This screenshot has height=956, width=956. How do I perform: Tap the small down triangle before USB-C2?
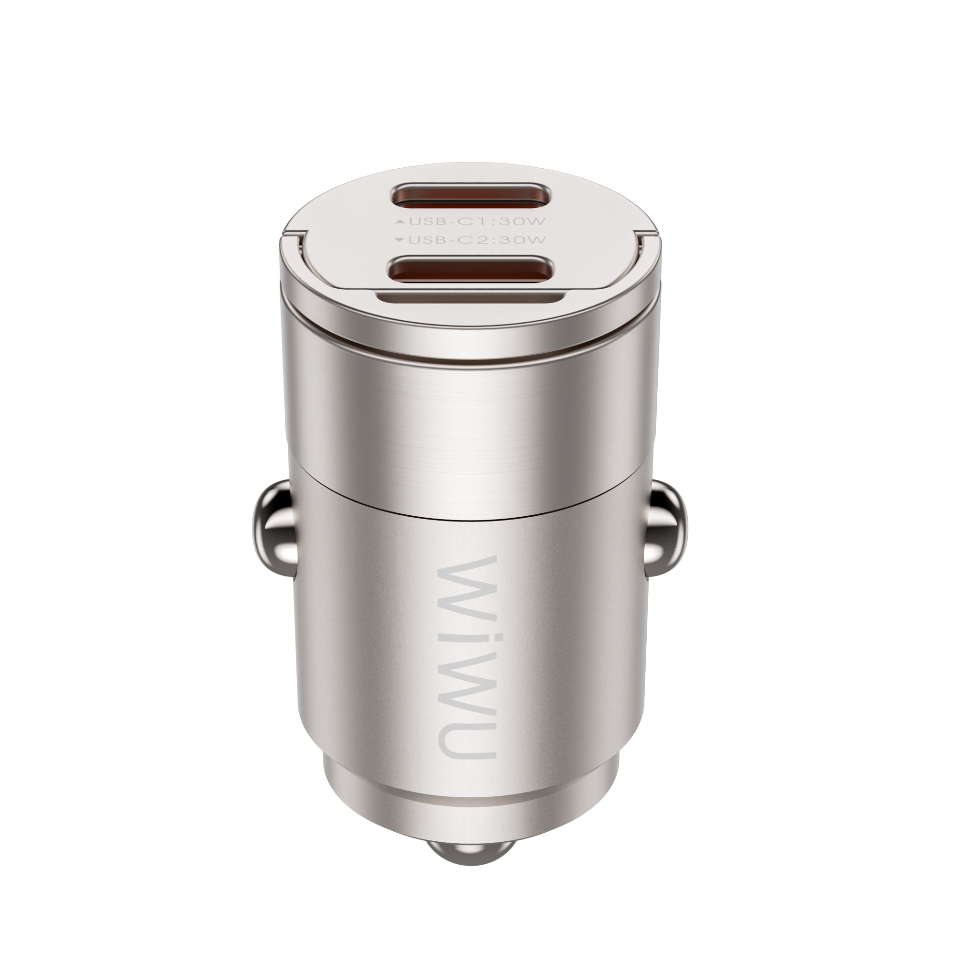point(400,240)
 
